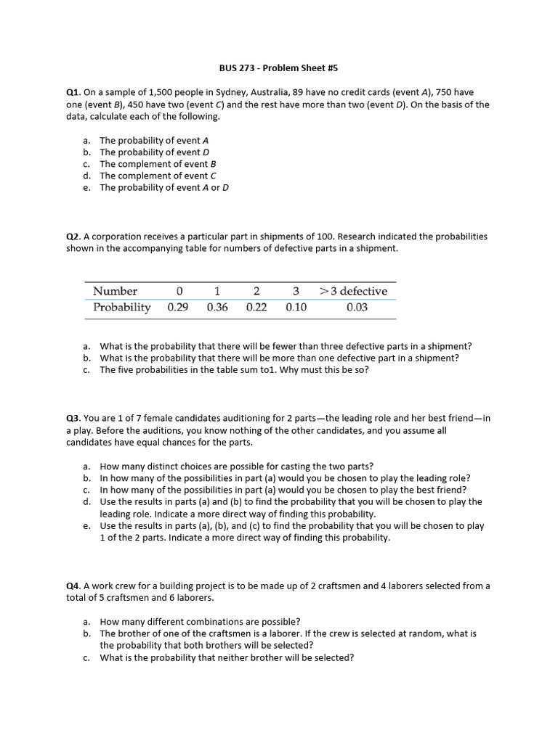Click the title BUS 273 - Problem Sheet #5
tap(279, 69)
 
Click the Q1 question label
tap(73, 93)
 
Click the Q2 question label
tap(73, 237)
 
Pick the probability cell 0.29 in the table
tap(178, 308)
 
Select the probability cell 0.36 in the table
tap(217, 308)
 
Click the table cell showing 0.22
tap(256, 308)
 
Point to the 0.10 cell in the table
tap(296, 308)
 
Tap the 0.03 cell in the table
tap(357, 308)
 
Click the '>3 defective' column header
tap(354, 291)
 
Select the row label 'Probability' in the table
tap(122, 308)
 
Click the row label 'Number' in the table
tap(115, 291)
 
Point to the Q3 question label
tap(73, 419)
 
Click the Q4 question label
tap(73, 586)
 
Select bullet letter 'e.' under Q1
tap(86, 188)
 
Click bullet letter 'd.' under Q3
tap(86, 502)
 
